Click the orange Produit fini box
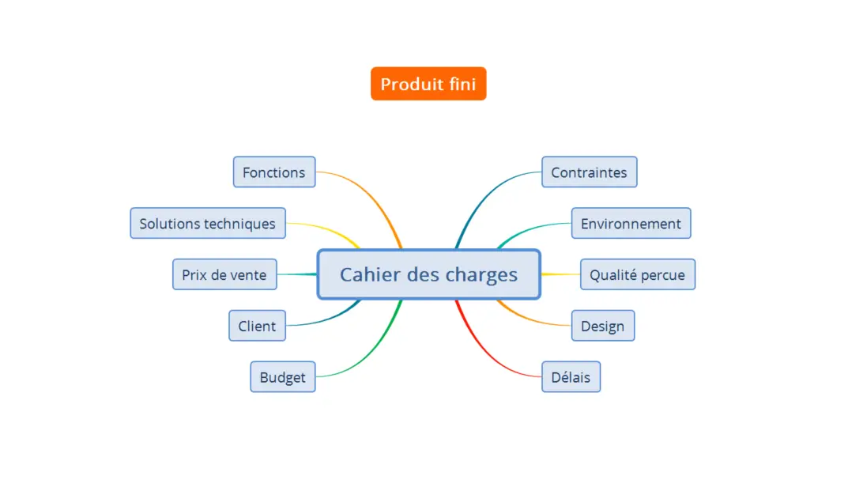coord(428,84)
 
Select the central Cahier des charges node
coord(428,274)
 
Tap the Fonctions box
coord(273,172)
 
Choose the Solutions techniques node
coord(207,224)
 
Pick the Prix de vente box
coord(224,274)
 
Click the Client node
coord(257,326)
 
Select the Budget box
coord(282,377)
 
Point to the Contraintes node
coord(589,172)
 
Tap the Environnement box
coord(631,224)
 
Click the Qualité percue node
coord(637,274)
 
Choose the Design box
coord(602,326)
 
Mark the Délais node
coord(571,377)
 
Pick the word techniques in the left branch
coord(240,224)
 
